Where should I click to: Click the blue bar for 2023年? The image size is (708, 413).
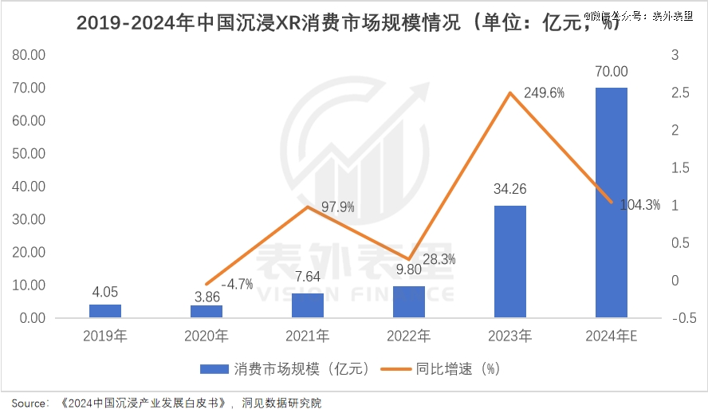509,262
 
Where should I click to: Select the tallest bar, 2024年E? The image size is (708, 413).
611,203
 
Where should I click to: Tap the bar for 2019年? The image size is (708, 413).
105,311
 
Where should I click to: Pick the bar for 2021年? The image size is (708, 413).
307,305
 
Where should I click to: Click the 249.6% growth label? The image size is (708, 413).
545,92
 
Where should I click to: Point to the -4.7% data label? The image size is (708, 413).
237,283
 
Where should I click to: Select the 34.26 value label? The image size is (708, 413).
509,190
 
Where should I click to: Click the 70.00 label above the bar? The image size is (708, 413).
611,72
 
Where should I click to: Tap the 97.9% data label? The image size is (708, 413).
337,207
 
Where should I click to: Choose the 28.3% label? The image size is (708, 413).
439,259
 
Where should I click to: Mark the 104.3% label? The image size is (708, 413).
640,205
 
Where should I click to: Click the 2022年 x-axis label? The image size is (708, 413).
408,336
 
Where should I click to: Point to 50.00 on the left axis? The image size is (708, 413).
29,153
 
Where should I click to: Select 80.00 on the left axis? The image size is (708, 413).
29,55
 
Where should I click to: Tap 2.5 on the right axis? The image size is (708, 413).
680,92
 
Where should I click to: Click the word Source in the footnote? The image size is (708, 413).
29,403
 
